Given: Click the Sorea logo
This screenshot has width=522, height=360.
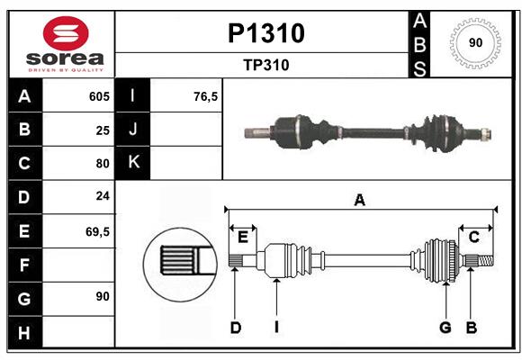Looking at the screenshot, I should point(61,44).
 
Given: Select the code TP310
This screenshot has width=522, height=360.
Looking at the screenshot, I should point(265,65).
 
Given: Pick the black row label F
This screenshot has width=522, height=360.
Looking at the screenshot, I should point(24,265).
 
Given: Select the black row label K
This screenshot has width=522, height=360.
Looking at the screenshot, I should point(133,163).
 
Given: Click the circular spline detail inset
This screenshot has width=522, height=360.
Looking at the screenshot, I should point(179,262).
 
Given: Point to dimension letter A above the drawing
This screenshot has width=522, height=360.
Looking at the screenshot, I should point(360,200).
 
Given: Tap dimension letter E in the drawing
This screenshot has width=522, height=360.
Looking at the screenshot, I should point(242,237).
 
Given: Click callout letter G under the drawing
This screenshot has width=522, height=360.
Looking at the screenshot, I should point(445,328).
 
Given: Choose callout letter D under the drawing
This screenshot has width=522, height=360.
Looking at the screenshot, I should point(235,328).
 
